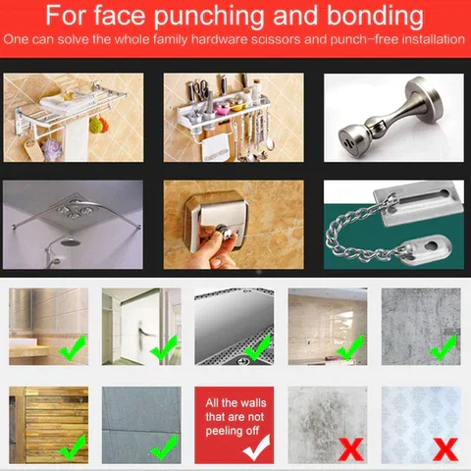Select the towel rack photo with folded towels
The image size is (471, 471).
click(74, 118)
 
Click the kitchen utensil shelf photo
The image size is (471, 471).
click(232, 118)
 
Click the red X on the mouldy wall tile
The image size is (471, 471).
click(350, 448)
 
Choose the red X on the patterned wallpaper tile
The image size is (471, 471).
click(444, 448)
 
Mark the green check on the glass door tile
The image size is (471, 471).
click(164, 345)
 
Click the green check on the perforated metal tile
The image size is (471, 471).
click(257, 345)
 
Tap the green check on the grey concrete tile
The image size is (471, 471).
click(444, 345)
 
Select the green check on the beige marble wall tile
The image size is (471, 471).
click(72, 345)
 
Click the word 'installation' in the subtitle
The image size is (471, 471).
click(427, 41)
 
